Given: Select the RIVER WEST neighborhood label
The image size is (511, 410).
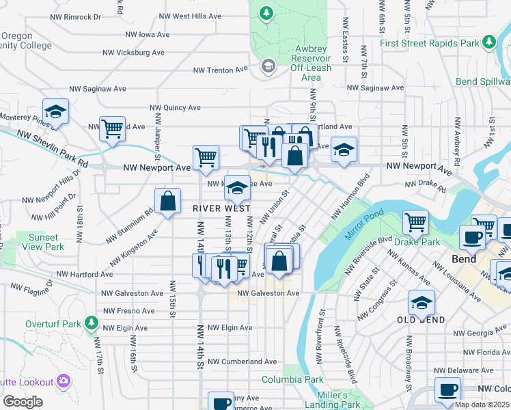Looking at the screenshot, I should tap(221, 208).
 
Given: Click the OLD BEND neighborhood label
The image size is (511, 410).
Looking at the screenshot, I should tap(421, 320).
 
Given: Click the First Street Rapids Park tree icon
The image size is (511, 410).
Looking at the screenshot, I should tap(488, 43).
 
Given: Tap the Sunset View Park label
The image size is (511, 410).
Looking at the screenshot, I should tap(46, 241).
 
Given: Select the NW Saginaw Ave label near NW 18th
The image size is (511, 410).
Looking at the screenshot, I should tap(98, 89).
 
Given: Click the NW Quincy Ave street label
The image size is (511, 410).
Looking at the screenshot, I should tap(175, 107).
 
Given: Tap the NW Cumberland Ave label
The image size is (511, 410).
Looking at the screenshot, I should tap(242, 361).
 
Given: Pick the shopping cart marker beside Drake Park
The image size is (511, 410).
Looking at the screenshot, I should tap(415, 221).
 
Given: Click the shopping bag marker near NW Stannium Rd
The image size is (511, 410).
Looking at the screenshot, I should tap(167, 201).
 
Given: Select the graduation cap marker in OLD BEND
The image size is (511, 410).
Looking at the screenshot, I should tap(422, 301).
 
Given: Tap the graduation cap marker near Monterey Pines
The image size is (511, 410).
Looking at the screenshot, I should tap(55, 111).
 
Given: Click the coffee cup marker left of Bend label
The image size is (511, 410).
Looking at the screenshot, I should tap(472, 237).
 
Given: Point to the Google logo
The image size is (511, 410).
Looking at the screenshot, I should tap(23, 402).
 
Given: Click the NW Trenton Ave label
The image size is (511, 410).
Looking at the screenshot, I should tap(221, 70).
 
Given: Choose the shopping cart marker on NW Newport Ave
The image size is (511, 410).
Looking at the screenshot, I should tap(206, 157).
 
